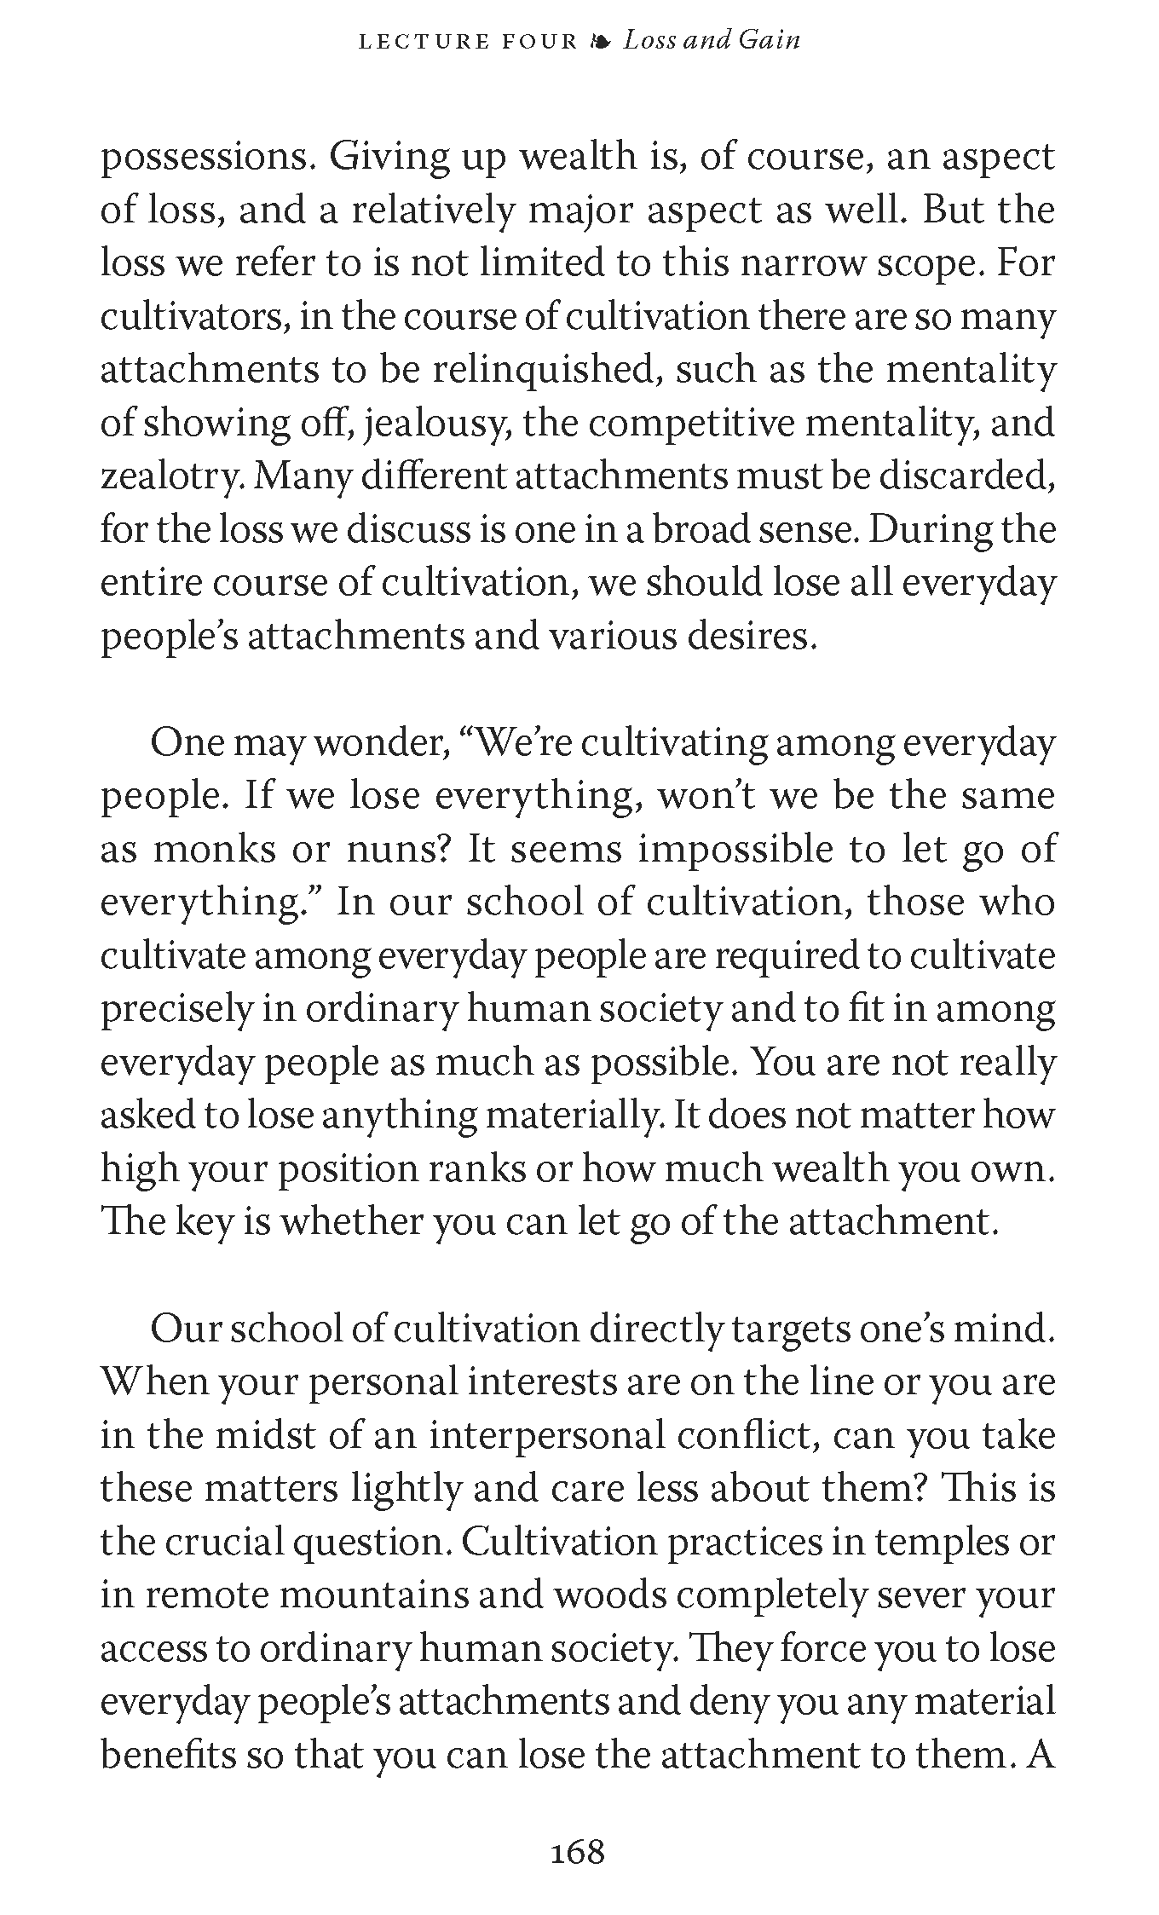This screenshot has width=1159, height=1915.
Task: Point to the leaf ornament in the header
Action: point(601,42)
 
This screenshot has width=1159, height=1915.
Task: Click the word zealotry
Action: point(170,477)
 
